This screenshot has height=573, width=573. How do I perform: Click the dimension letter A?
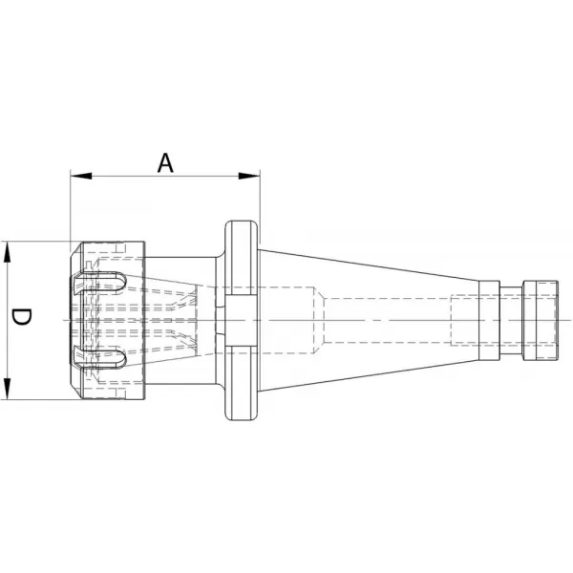165,163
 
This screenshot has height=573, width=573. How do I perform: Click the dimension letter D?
21,317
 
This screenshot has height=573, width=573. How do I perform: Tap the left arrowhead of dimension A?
81,176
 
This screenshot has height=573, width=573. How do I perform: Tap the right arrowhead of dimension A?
249,176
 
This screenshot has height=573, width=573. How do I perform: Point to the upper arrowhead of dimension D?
7,252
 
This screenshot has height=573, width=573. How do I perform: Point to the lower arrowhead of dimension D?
7,389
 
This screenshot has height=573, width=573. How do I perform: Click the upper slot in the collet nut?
99,283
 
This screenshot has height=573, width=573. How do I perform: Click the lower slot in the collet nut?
99,357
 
